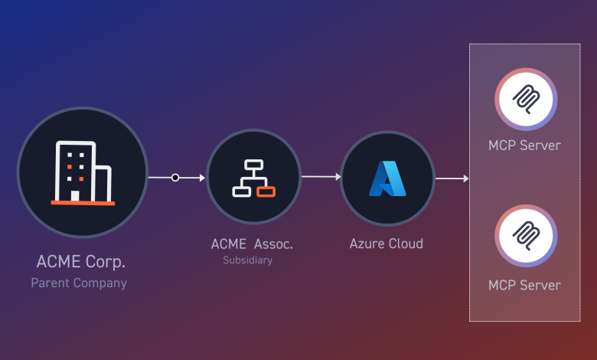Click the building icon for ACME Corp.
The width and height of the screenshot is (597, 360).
tap(82, 173)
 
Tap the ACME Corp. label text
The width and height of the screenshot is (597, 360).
tap(81, 262)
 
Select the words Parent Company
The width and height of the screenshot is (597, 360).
tap(79, 283)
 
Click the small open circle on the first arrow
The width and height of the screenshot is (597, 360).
tap(175, 178)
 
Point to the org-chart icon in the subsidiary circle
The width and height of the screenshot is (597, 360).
tap(253, 178)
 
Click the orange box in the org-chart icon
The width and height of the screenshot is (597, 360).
tap(266, 191)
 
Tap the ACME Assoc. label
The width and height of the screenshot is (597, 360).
tap(253, 244)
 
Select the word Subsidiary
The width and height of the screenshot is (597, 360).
tap(247, 260)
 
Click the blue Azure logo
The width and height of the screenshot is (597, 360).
tap(387, 178)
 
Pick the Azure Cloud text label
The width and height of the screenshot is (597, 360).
tap(387, 244)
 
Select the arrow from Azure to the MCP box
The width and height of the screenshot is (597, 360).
tap(452, 178)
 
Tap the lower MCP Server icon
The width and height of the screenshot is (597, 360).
tap(525, 235)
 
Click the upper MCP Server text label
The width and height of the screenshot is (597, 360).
tap(524, 145)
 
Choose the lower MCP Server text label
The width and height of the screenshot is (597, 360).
tap(524, 285)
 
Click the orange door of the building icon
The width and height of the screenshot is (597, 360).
tap(75, 195)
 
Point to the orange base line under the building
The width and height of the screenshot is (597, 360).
tap(83, 203)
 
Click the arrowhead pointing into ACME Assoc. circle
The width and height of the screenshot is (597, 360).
tap(201, 178)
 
